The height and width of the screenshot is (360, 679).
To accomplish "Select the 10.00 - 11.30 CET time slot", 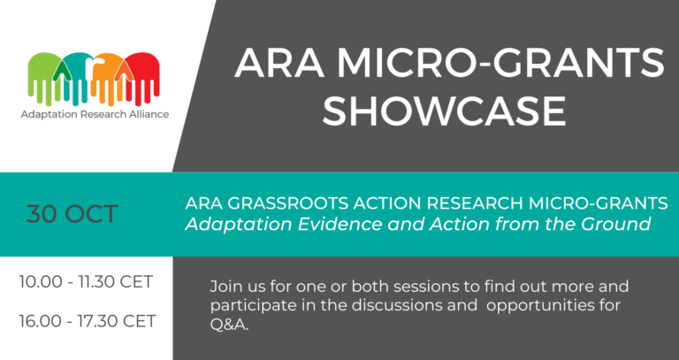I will coord(87,282).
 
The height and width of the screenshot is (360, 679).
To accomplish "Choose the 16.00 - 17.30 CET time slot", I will coord(87,320).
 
